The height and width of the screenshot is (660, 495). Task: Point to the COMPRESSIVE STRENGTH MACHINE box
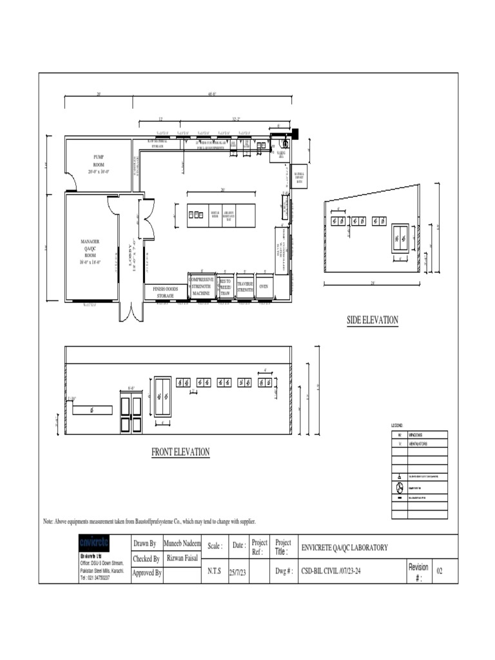202,287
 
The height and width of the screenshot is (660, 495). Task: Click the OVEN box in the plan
264,286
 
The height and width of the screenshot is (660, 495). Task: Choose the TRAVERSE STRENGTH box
245,287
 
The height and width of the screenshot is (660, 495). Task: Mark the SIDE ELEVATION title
373,320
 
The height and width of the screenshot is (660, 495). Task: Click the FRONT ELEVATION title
180,452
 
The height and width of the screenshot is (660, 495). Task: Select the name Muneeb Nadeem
182,544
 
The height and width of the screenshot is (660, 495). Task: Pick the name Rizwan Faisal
182,558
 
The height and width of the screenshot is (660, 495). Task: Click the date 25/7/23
238,571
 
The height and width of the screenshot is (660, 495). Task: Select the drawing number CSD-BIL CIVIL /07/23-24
337,571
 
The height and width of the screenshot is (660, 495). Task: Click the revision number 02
440,571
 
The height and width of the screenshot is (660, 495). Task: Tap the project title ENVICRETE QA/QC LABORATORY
345,548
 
